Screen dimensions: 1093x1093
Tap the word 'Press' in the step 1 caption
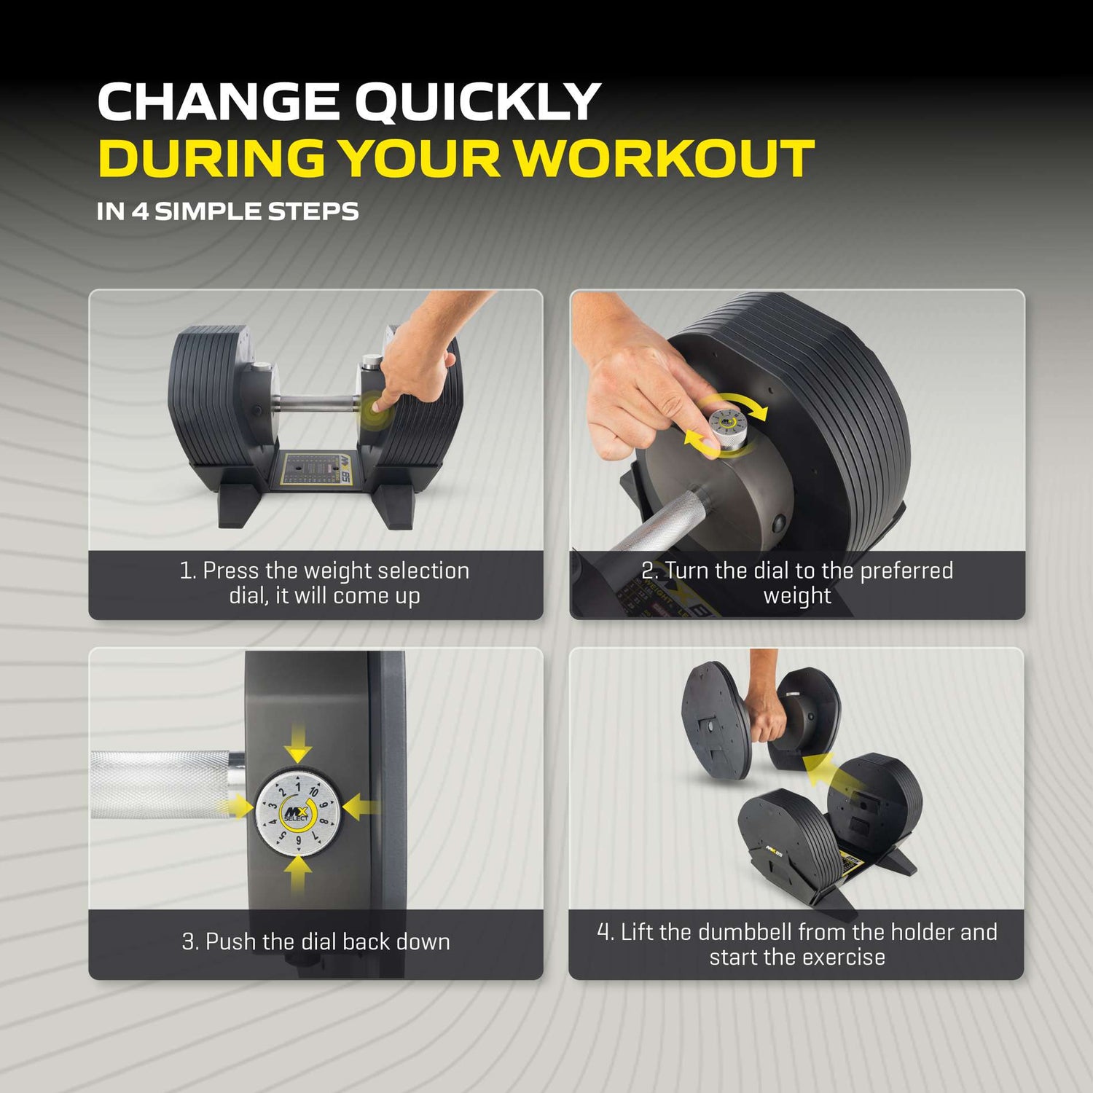pyautogui.click(x=230, y=571)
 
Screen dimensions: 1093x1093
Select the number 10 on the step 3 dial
pyautogui.click(x=313, y=791)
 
